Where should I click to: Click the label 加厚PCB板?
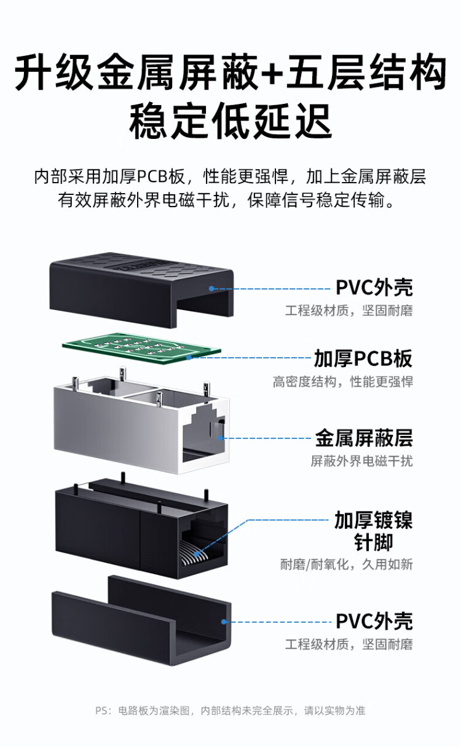[363, 358]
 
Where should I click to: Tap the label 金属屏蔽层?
[363, 438]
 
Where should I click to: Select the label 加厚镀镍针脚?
[373, 531]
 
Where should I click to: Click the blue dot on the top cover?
[211, 288]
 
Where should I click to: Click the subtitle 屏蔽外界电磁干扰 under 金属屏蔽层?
[361, 460]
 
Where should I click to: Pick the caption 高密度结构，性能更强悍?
[343, 382]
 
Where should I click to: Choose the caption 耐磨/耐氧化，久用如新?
[347, 564]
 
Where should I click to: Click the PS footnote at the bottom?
[230, 711]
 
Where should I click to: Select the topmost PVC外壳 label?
[374, 287]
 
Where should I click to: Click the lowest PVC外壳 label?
[374, 621]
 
